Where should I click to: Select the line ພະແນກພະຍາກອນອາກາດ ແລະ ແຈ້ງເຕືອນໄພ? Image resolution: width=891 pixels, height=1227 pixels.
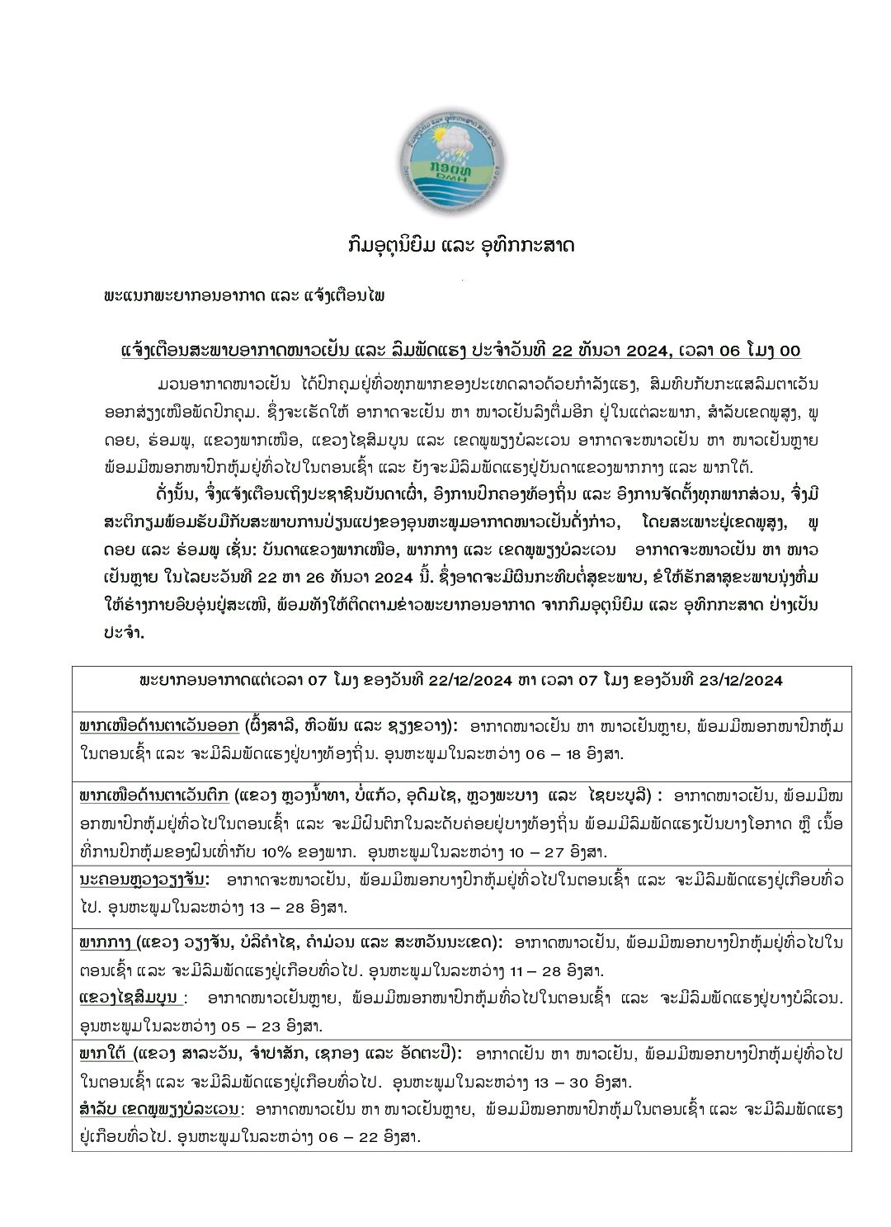244,295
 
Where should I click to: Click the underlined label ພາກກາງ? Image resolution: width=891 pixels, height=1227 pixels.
104,941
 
